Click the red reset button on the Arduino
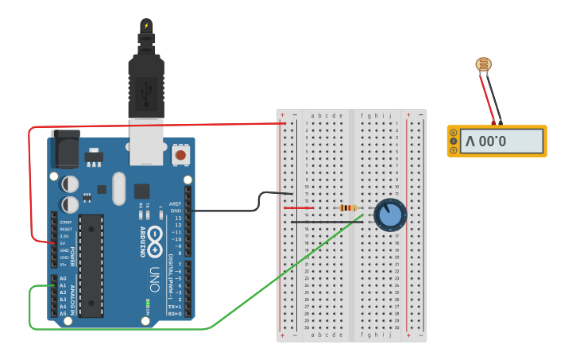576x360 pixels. (x=182, y=155)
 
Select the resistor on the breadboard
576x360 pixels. (x=348, y=208)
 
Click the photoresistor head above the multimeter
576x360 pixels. (x=482, y=64)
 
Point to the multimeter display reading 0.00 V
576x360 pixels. (x=497, y=142)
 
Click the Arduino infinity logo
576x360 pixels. (x=155, y=238)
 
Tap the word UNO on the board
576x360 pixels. (x=156, y=279)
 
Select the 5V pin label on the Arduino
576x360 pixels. (x=64, y=243)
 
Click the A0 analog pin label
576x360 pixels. (x=63, y=279)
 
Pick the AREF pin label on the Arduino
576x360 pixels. (x=176, y=203)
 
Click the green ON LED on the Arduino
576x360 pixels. (x=147, y=304)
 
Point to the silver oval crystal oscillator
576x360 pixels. (x=118, y=189)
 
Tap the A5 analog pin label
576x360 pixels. (x=63, y=314)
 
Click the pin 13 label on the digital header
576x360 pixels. (x=177, y=218)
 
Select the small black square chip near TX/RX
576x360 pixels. (x=141, y=191)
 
